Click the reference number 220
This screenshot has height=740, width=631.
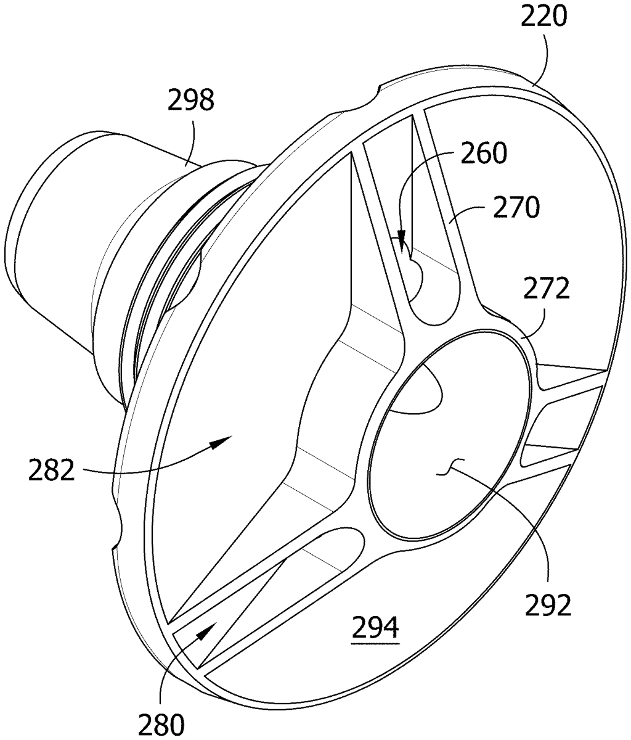543,16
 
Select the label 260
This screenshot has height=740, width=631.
484,153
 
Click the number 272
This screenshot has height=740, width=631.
546,289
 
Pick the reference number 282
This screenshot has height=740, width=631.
52,470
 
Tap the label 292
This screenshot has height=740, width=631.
548,605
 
